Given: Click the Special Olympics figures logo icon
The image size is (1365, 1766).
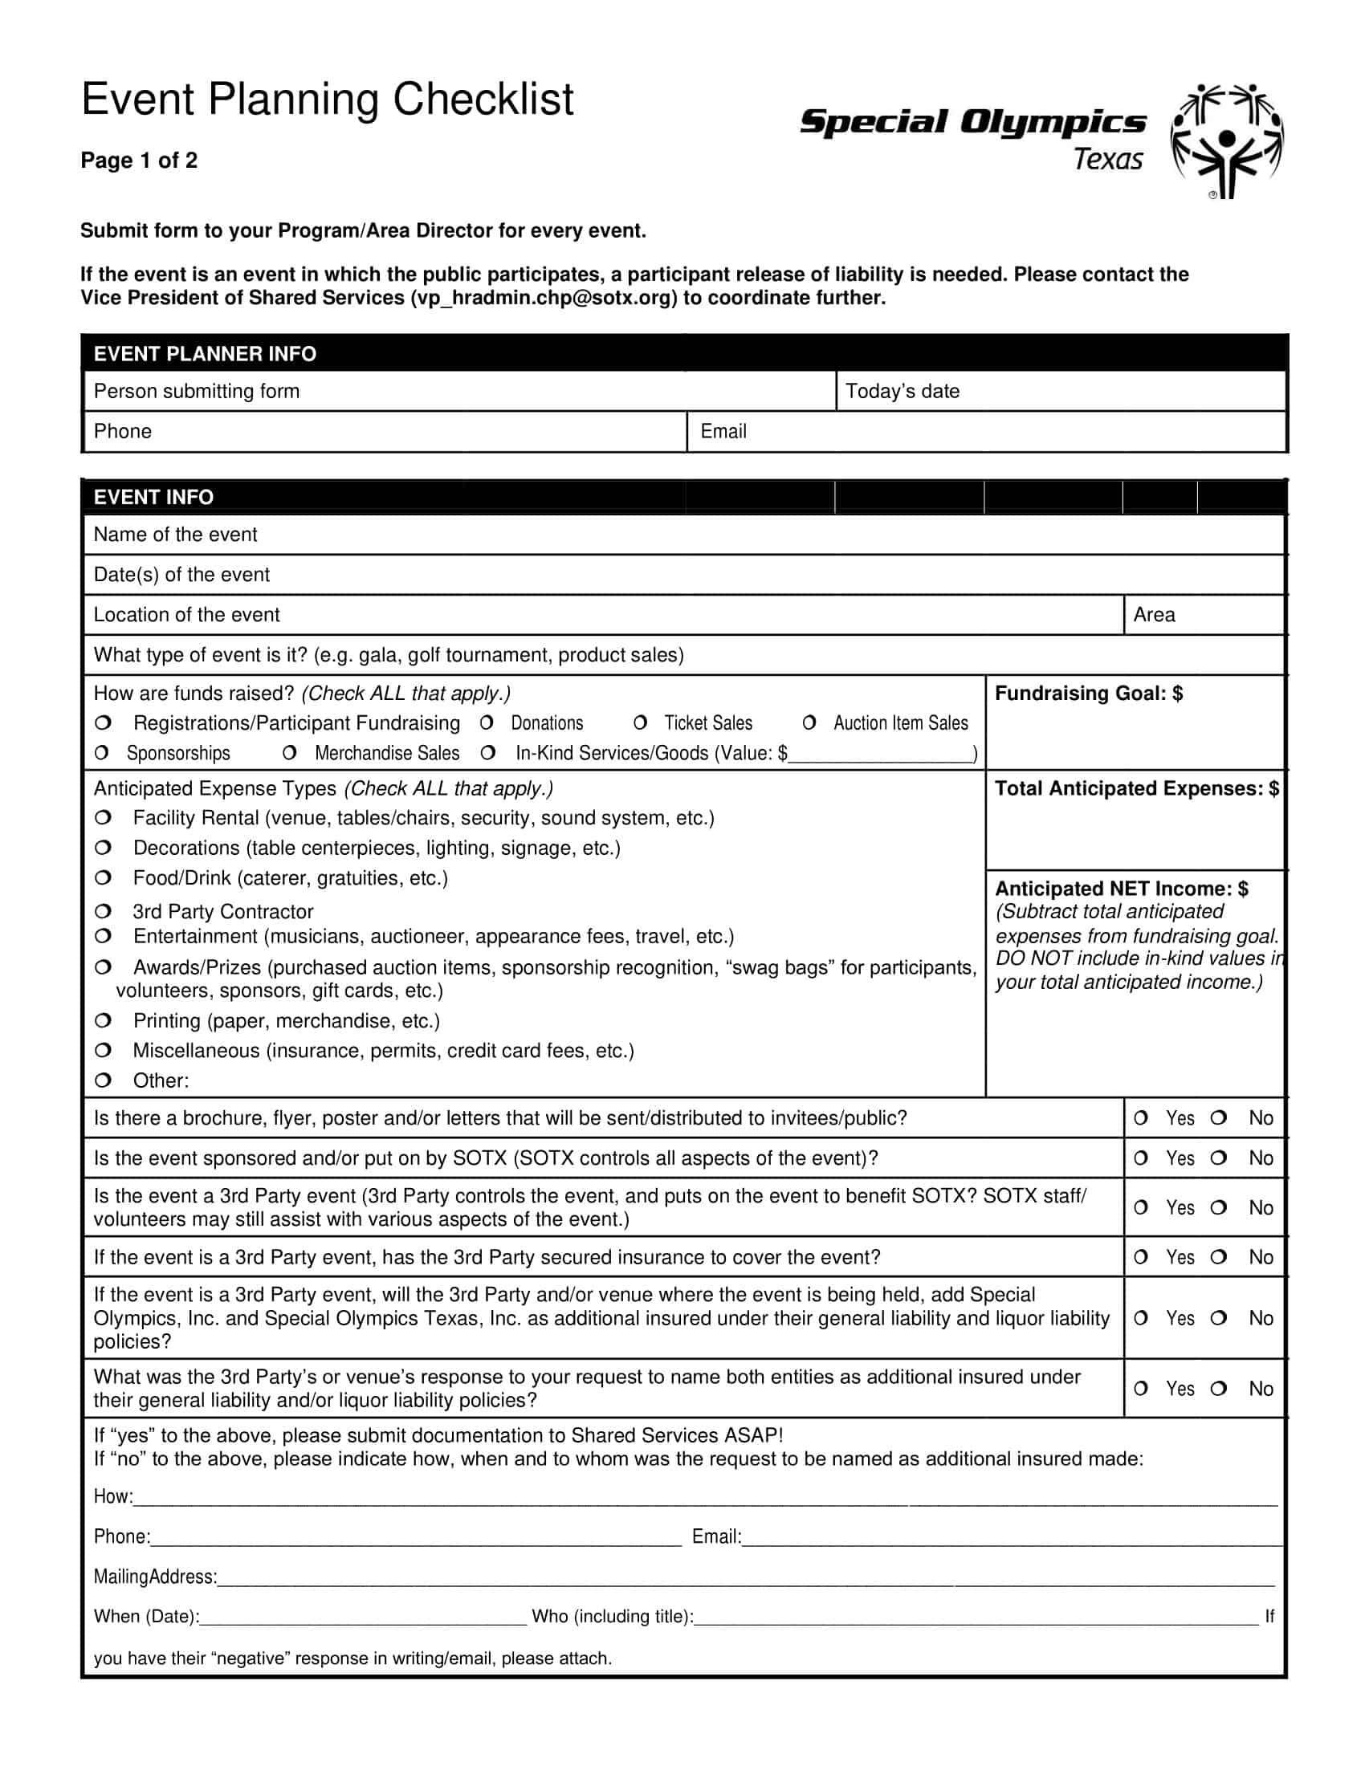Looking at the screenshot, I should (x=1227, y=140).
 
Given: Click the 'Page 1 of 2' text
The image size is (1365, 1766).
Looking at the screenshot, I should (x=139, y=161).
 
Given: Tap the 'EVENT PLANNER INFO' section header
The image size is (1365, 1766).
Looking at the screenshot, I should (x=205, y=353).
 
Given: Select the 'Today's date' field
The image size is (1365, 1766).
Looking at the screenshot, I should (x=1059, y=392).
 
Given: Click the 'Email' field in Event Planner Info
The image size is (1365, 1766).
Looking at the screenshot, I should (x=985, y=432).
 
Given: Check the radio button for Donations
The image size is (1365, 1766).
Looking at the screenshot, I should (x=487, y=722).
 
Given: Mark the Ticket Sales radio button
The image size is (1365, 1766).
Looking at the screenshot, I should (x=641, y=722).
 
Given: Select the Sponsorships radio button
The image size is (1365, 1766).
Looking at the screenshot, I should (x=102, y=753).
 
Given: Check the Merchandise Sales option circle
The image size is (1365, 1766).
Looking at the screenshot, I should (x=290, y=753).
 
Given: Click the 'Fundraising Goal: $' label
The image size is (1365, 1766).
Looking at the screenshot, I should (x=1089, y=694).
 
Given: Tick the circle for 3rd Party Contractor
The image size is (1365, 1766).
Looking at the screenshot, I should (x=103, y=911).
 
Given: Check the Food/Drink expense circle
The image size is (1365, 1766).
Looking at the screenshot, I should (x=103, y=877).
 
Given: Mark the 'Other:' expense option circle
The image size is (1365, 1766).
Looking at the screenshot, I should (x=103, y=1080).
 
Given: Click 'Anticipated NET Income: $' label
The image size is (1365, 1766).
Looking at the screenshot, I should (x=1121, y=889).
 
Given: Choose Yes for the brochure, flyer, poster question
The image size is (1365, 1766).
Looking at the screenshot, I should (x=1141, y=1117).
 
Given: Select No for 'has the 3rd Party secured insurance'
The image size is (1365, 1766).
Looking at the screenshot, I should (x=1219, y=1256).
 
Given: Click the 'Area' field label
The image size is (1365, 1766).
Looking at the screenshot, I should (x=1154, y=616).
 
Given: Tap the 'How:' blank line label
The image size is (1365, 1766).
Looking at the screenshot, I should (x=113, y=1497).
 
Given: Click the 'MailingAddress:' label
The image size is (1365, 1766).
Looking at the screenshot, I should (x=155, y=1577).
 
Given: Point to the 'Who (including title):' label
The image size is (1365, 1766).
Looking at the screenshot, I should (x=612, y=1617).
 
